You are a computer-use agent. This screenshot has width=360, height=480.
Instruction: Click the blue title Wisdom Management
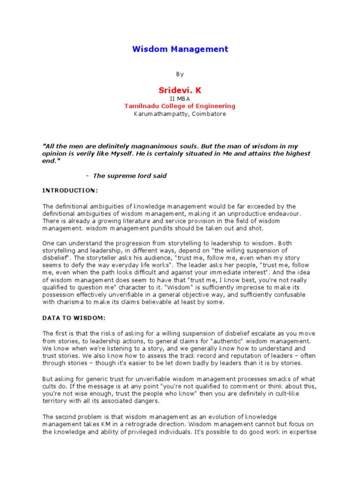(180, 49)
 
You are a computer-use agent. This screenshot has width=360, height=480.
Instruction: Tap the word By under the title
(180, 74)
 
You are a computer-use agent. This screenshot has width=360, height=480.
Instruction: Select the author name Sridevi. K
(180, 90)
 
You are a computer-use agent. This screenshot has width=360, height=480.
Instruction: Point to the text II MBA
(180, 99)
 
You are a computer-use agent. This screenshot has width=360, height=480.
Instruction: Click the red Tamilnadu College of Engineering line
(180, 106)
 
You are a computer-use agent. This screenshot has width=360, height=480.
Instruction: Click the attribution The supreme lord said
(130, 176)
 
